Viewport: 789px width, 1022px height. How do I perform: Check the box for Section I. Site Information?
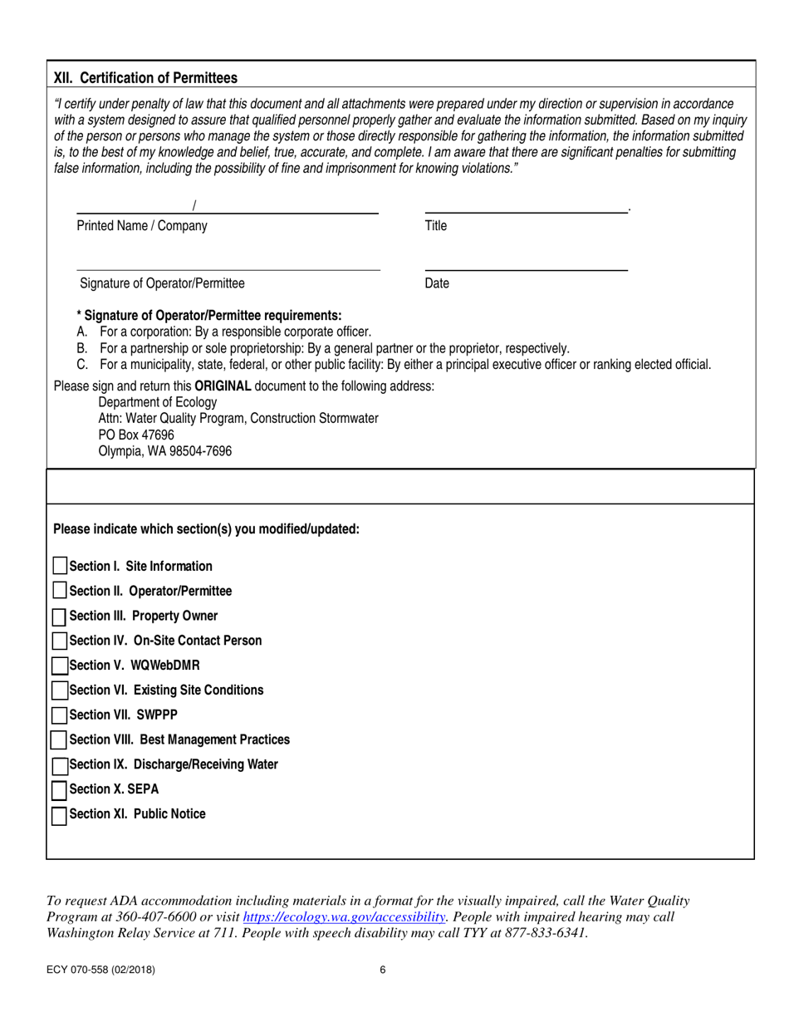[60, 566]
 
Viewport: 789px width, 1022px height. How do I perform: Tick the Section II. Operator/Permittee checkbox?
[60, 591]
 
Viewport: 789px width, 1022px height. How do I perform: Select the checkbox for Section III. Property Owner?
[60, 617]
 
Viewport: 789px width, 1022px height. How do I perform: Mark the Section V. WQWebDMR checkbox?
[60, 666]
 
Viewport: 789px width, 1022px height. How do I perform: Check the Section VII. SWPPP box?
[60, 715]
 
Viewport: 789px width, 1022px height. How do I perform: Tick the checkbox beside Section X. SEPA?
[60, 789]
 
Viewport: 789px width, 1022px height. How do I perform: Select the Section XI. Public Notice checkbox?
[60, 815]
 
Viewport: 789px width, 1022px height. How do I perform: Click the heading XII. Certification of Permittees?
[145, 78]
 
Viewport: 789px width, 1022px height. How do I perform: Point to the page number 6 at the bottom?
[382, 969]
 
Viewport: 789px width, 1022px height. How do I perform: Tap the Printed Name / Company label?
[142, 225]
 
